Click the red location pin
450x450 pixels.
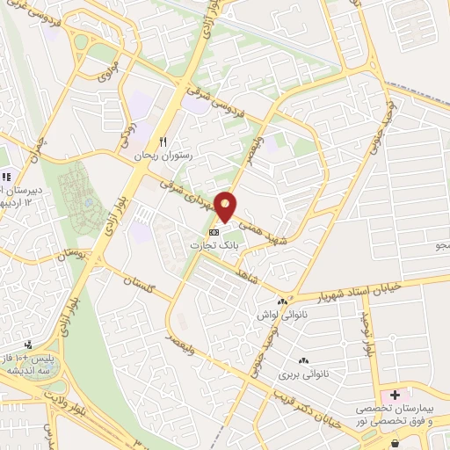pos(228,206)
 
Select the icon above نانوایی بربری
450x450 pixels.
pos(305,360)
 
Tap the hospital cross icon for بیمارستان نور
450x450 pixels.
pos(395,394)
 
